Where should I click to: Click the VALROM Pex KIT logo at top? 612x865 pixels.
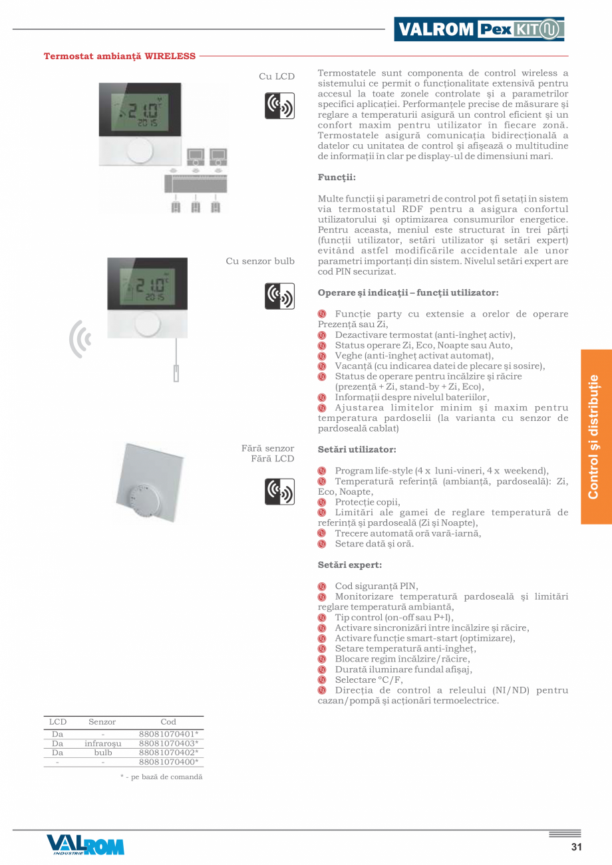point(478,29)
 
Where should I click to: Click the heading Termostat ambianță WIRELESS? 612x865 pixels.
point(120,56)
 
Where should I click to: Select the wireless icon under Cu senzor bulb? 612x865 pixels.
point(279,296)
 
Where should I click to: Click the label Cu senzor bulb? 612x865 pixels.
point(260,261)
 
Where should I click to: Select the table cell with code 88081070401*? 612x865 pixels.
point(168,733)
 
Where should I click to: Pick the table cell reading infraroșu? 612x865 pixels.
point(102,743)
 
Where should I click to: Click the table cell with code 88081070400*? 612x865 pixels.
point(168,762)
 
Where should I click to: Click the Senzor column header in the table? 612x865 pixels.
point(102,721)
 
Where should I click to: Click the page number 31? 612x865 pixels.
point(576,846)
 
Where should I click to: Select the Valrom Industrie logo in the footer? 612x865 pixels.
point(85,844)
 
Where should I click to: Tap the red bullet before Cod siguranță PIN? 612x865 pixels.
point(322,586)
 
